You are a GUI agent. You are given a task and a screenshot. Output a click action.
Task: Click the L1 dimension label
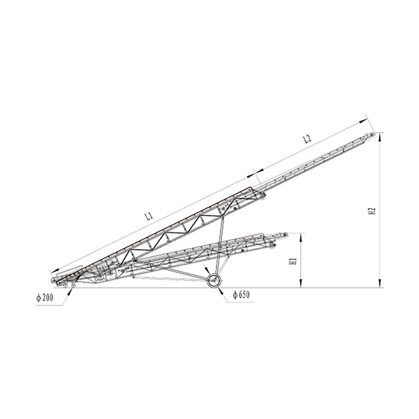point(149,216)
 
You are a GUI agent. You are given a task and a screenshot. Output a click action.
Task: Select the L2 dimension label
point(307,139)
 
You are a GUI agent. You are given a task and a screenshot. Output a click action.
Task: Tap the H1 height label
point(293,260)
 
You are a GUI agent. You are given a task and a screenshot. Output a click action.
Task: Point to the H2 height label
point(372,211)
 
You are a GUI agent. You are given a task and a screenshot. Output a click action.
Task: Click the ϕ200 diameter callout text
point(45,297)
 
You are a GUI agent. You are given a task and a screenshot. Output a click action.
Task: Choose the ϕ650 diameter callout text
point(242,295)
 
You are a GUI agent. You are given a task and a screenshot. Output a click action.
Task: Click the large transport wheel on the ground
point(214,281)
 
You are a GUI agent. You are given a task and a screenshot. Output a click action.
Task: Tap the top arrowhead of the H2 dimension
point(380,137)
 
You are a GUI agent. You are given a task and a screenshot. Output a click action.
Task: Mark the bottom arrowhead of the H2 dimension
point(380,284)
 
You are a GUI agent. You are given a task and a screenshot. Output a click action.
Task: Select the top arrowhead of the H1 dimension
point(301,237)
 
